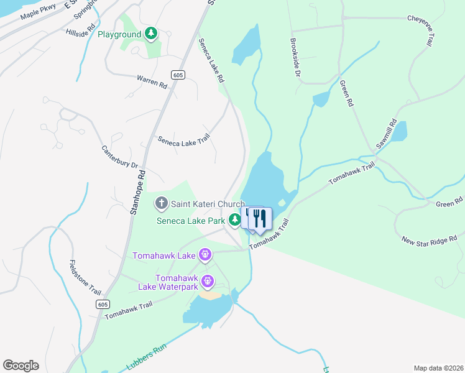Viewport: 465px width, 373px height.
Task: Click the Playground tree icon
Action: point(150,34)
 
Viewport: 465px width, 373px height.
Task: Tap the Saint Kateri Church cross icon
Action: point(162,203)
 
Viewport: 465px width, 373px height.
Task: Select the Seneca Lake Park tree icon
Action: point(234,219)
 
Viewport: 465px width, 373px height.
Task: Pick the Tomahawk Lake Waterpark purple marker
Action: point(208,282)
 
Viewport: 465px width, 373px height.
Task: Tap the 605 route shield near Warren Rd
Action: point(178,75)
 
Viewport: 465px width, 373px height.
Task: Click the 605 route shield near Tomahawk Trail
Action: point(103,304)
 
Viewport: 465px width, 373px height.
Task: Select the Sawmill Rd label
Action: point(385,134)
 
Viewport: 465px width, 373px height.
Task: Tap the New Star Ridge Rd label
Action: point(430,239)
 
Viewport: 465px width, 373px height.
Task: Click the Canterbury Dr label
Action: point(120,157)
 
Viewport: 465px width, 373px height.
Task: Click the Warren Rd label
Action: point(152,81)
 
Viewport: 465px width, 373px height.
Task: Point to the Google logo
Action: point(21,366)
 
